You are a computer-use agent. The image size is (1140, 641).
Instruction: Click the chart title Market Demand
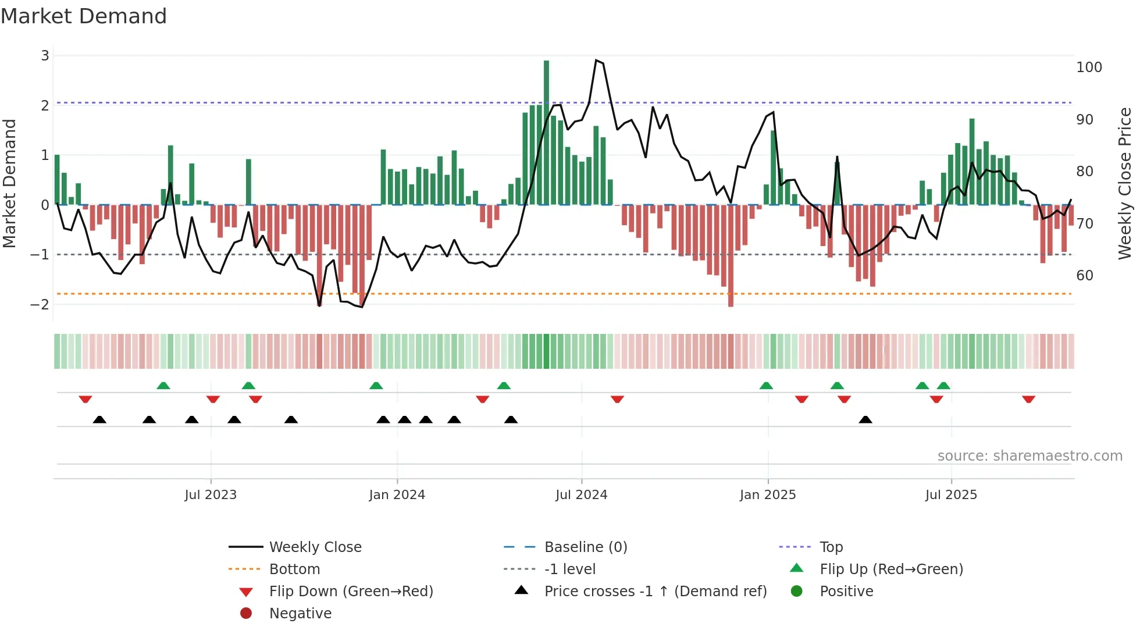pos(84,16)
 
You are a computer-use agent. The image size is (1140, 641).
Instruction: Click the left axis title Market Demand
pos(10,183)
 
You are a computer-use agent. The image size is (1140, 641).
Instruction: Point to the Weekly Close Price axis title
pos(1125,183)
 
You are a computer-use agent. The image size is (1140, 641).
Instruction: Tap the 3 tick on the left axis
pos(45,56)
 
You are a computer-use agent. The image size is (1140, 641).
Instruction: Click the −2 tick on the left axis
pos(40,304)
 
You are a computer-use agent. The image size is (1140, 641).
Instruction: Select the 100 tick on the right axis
pos(1089,67)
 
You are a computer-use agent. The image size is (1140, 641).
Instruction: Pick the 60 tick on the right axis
pos(1085,275)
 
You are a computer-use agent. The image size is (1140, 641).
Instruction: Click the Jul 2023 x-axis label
pos(211,495)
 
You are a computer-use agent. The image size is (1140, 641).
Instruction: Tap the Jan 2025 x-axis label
pos(768,495)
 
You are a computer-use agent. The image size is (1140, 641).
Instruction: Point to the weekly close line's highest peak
pos(596,60)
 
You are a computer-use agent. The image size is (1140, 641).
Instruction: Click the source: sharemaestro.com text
pos(1029,456)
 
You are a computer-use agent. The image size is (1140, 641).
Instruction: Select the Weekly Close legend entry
pos(315,547)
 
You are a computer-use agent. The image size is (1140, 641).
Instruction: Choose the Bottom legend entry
pos(294,569)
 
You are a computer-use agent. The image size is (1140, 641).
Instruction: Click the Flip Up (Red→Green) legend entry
pos(891,569)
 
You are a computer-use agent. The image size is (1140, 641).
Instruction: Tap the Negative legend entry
pos(300,614)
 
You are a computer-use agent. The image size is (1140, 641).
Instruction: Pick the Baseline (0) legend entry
pos(585,547)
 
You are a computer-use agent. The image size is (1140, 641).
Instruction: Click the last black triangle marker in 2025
pos(865,420)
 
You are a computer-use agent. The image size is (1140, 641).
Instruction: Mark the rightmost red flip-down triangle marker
pos(1028,399)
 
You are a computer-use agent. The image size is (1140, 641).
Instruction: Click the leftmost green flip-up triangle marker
pos(163,386)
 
